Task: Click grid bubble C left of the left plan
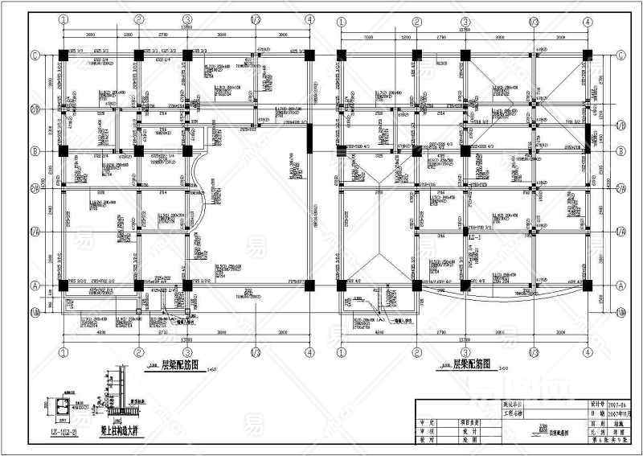pyautogui.click(x=35, y=55)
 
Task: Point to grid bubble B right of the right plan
pyautogui.click(x=621, y=150)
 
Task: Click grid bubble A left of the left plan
pyautogui.click(x=35, y=285)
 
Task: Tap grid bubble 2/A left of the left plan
pyautogui.click(x=35, y=188)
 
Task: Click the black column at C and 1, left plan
pyautogui.click(x=63, y=55)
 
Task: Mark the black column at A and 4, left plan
pyautogui.click(x=309, y=285)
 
